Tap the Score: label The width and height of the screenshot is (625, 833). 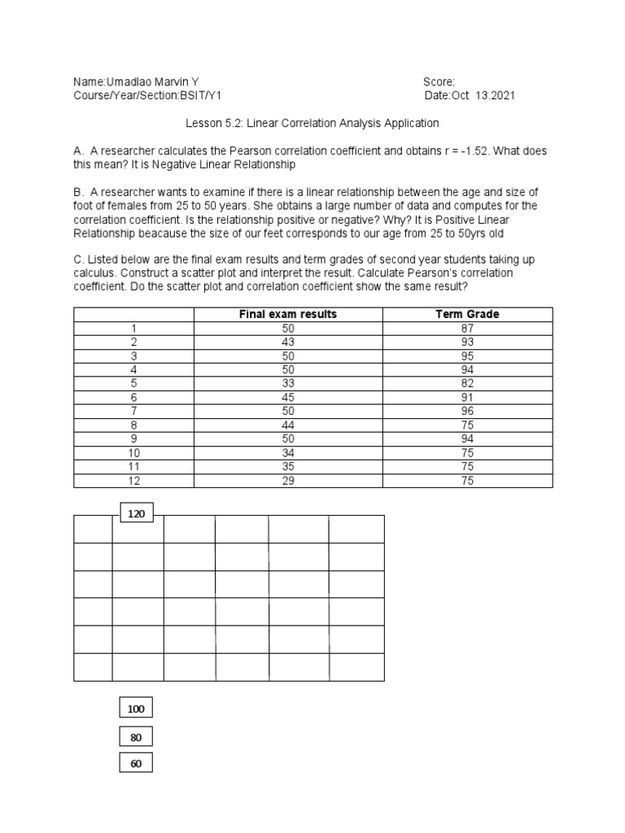click(439, 82)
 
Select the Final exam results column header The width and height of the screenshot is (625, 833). click(287, 314)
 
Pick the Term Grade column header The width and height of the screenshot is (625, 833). click(467, 314)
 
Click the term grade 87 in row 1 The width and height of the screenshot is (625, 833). click(467, 328)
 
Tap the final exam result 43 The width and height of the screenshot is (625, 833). click(287, 342)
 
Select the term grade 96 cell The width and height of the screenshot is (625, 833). click(467, 411)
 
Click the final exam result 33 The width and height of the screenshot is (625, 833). click(287, 383)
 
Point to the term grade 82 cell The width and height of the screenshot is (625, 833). click(467, 383)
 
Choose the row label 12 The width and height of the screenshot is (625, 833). click(133, 480)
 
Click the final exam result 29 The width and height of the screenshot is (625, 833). click(287, 480)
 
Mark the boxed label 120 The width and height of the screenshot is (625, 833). click(136, 513)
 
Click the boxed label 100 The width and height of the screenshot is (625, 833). click(135, 709)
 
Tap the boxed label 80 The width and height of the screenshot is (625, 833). click(135, 738)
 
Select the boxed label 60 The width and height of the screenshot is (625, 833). click(135, 765)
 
